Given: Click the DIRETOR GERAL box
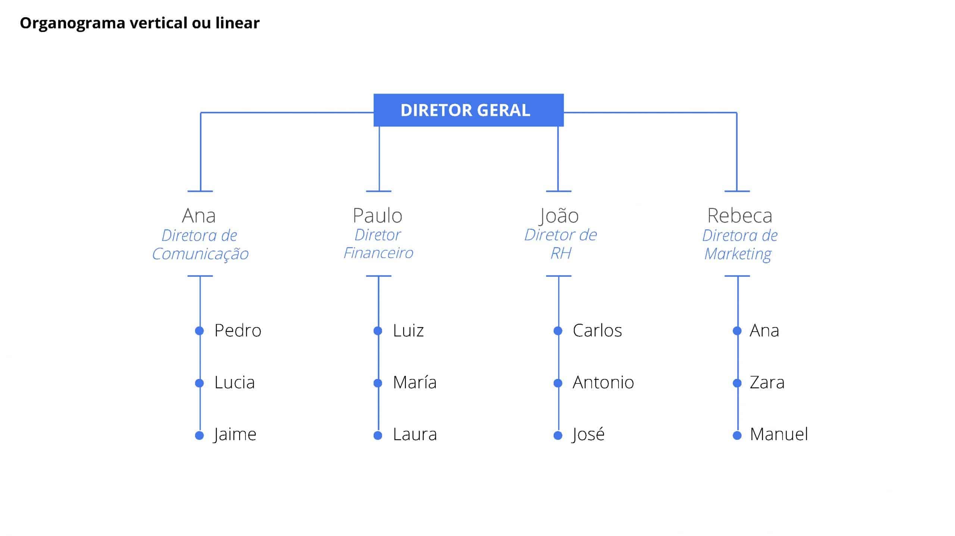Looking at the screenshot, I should click(468, 110).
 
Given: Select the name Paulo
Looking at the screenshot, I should click(378, 216).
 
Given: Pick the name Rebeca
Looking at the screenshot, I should click(739, 216).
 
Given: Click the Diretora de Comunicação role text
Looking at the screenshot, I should click(200, 245).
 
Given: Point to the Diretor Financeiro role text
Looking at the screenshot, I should click(378, 244).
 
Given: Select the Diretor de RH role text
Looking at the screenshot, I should click(560, 244).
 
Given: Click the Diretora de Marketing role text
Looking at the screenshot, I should click(739, 245).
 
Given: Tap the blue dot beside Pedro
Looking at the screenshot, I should click(200, 331).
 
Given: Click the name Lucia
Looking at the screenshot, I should click(234, 383).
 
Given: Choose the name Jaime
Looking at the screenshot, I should click(235, 435).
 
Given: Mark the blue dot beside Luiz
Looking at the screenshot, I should click(378, 331).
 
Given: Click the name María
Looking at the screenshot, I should click(414, 383).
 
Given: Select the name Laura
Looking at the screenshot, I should click(414, 435).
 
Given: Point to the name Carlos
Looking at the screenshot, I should click(597, 331).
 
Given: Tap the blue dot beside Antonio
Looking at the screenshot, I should click(558, 383).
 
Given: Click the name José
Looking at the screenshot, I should click(588, 435).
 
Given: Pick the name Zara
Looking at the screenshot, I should click(767, 383).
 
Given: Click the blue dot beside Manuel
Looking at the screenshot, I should click(737, 435).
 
